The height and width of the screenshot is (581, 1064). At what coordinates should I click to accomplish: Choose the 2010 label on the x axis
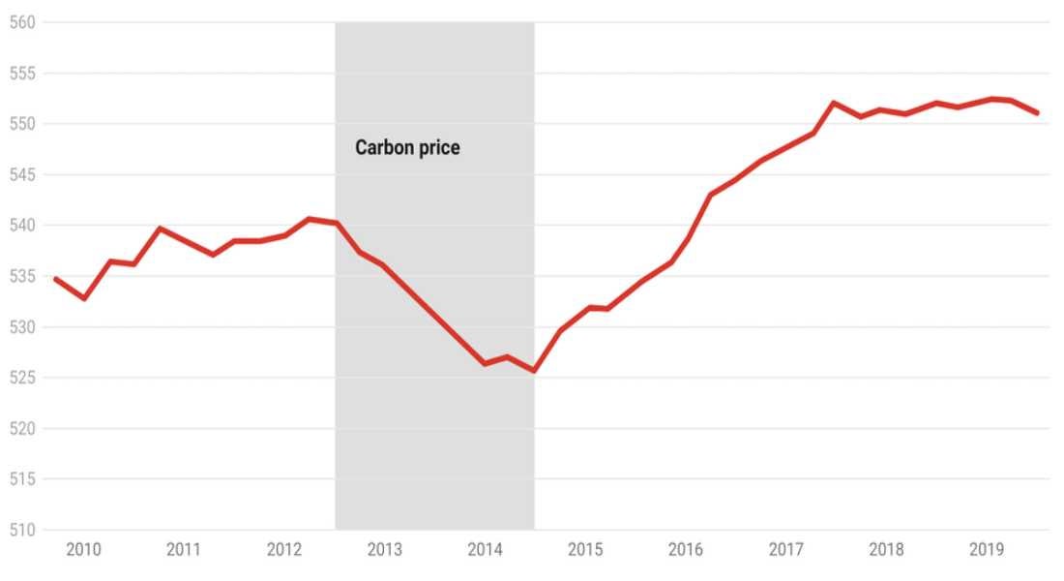pyautogui.click(x=83, y=550)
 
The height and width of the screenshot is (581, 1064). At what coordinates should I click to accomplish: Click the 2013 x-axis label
pyautogui.click(x=385, y=550)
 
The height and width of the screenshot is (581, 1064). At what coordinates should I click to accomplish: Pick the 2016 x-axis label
pyautogui.click(x=686, y=550)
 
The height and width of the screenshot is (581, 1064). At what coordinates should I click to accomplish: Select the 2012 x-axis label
pyautogui.click(x=284, y=550)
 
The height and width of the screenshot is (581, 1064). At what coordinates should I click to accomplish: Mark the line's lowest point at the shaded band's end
pyautogui.click(x=533, y=371)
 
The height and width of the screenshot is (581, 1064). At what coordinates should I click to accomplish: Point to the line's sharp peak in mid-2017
pyautogui.click(x=834, y=103)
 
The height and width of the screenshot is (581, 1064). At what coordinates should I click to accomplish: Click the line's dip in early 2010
pyautogui.click(x=84, y=298)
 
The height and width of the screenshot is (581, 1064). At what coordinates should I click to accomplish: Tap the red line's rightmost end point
pyautogui.click(x=1038, y=113)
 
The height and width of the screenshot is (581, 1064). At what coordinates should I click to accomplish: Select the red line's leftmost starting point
pyautogui.click(x=54, y=278)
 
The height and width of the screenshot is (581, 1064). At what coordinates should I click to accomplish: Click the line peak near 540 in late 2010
pyautogui.click(x=160, y=229)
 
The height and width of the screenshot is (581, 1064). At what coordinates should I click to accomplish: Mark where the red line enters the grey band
pyautogui.click(x=336, y=223)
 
